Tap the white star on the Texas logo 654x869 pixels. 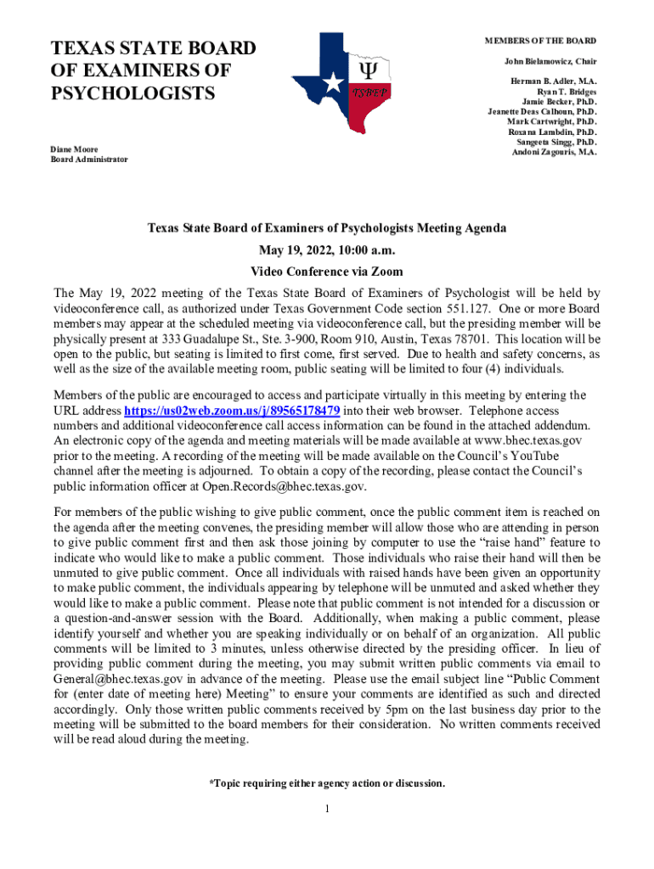(x=335, y=82)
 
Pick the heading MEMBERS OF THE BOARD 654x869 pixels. (x=540, y=41)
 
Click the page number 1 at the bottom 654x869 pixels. (x=327, y=808)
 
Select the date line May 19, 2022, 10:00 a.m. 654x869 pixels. (x=327, y=250)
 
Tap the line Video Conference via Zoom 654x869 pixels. (x=327, y=272)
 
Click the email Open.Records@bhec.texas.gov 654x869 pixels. (x=284, y=486)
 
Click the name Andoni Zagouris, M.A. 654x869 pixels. (x=554, y=153)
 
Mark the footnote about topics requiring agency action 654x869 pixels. (x=327, y=782)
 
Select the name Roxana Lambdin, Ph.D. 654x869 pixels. (x=552, y=132)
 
